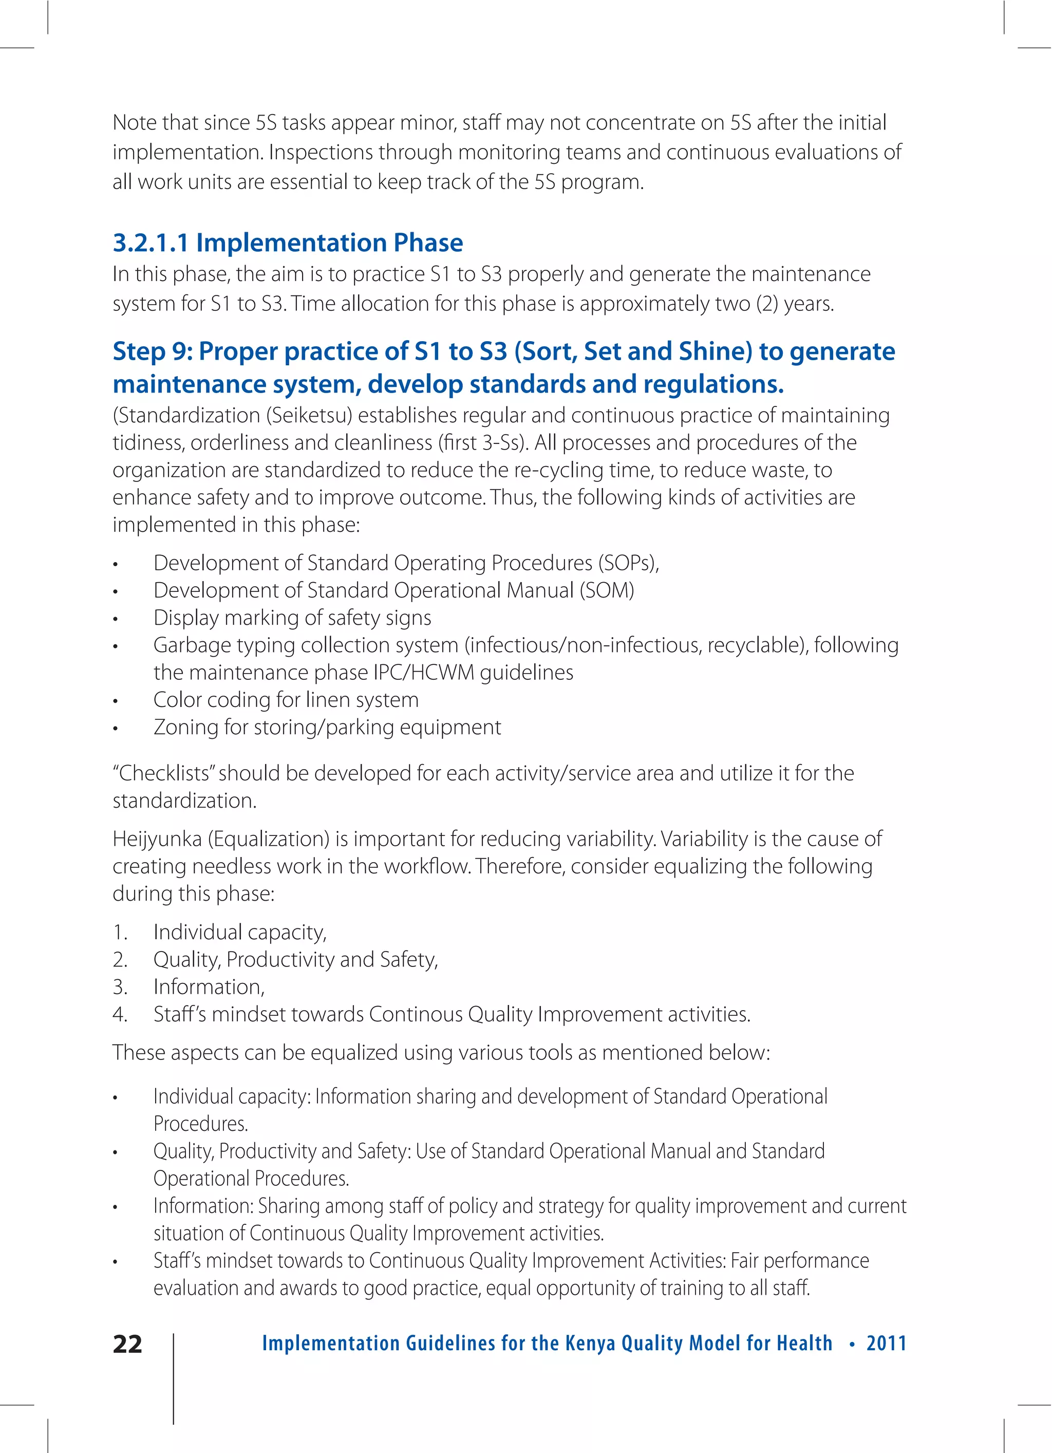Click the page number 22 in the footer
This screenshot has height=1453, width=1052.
(x=127, y=1344)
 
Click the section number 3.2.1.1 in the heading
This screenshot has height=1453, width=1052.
(x=151, y=243)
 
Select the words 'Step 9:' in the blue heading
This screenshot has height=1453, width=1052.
(x=153, y=351)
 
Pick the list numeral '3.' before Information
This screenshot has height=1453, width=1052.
(x=120, y=987)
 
